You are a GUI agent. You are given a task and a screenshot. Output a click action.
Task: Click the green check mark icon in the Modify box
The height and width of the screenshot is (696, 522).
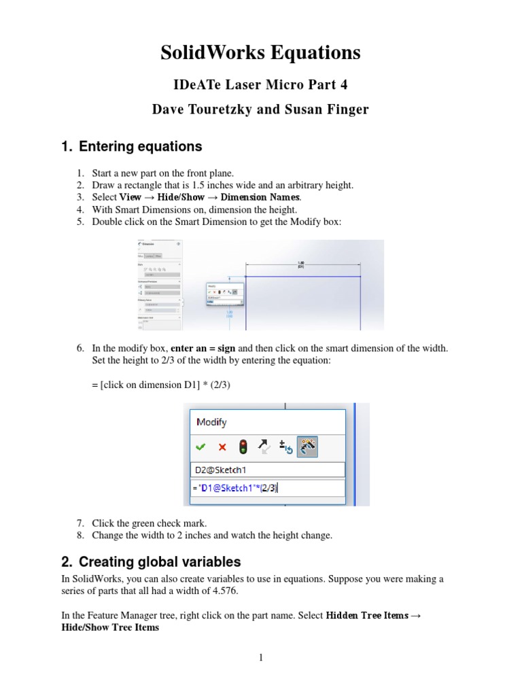coord(200,447)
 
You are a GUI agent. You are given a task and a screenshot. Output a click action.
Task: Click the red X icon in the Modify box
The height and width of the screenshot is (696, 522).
coord(222,447)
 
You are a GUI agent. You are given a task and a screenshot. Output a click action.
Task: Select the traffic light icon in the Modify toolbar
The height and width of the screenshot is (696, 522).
coord(243,447)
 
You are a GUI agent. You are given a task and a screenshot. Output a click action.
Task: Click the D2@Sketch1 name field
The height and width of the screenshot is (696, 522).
coord(268,470)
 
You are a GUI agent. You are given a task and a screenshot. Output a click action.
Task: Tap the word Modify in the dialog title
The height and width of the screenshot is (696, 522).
coord(211,422)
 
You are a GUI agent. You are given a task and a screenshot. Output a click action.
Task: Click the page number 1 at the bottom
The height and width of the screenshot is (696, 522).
coord(260,657)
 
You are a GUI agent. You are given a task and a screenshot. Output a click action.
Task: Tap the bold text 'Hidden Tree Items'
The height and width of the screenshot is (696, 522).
coord(367,615)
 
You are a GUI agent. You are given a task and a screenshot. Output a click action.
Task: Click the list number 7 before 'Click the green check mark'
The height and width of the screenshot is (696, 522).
coord(80,523)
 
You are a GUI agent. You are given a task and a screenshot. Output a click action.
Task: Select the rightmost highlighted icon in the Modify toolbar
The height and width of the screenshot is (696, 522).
coord(307,447)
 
